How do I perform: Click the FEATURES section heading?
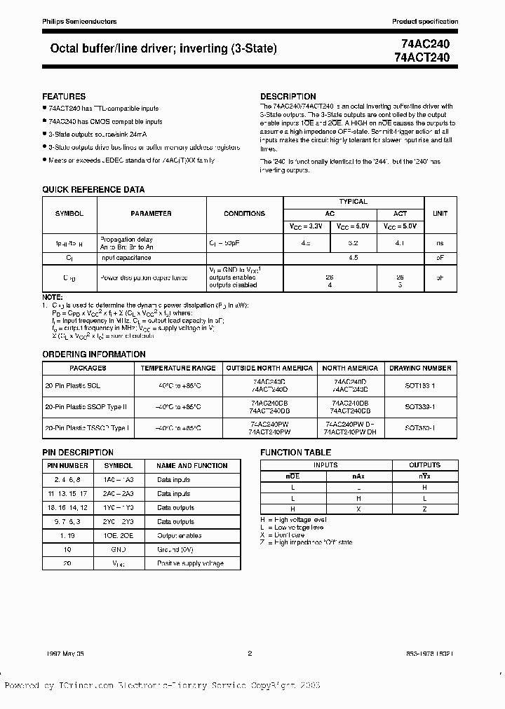[64, 96]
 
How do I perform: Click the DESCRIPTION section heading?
[288, 96]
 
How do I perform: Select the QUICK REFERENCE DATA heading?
[93, 189]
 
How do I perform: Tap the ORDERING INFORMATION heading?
[94, 354]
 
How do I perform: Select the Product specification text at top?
[424, 22]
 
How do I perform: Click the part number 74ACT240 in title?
[426, 56]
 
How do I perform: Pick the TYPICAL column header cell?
[353, 202]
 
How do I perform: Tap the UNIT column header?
[440, 214]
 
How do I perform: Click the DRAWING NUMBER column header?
[420, 368]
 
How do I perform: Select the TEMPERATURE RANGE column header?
[178, 368]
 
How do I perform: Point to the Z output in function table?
[424, 509]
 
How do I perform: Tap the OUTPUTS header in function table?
[424, 465]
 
